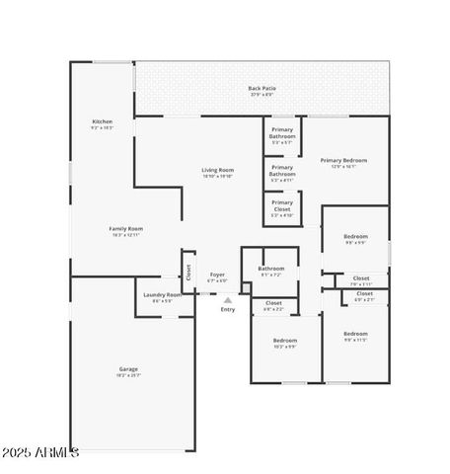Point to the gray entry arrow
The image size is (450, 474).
click(228, 299)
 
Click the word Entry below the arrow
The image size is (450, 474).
click(228, 310)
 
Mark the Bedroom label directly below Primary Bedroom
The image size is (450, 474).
click(355, 238)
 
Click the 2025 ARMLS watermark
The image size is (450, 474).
click(40, 453)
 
